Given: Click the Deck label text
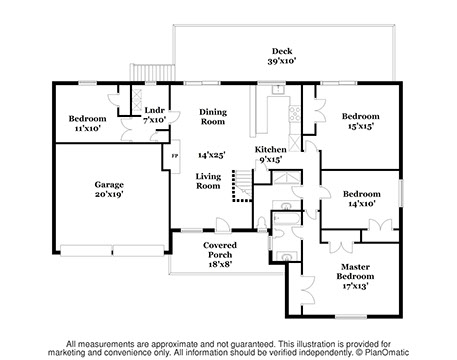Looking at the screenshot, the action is pos(282,51).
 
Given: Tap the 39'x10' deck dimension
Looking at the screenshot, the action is pos(282,61).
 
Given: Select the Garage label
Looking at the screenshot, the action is pos(109,185).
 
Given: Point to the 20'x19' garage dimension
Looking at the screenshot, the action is pos(109,194).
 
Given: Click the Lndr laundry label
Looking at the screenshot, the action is pos(155,110).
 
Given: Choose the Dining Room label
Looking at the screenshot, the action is pos(213,117).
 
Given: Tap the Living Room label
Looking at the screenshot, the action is pos(208,181).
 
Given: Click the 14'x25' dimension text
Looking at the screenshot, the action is pos(212,155).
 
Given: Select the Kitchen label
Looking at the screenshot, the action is pos(271,149).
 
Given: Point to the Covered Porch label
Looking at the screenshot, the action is pos(220,250).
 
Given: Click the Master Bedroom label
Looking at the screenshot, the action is pos(355,271).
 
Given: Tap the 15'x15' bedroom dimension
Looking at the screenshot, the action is pos(361,126).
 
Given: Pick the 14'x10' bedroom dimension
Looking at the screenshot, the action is pos(362,203).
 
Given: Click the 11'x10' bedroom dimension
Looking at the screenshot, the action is pos(87,128).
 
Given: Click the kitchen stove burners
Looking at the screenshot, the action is pos(294,114).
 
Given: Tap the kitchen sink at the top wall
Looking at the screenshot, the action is pos(277,89).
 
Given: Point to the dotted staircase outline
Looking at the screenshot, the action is pos(242,186).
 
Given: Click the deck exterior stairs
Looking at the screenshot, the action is pos(152,72).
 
